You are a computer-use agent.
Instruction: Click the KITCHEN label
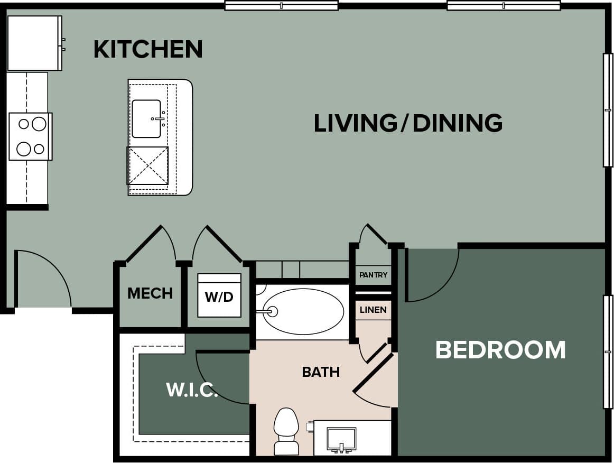(148, 49)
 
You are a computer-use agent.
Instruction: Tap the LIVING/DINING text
(408, 123)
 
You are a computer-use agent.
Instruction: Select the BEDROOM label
(500, 350)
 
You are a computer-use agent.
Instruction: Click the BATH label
(321, 372)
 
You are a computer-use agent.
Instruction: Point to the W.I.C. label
(192, 390)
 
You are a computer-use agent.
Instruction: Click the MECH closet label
(150, 293)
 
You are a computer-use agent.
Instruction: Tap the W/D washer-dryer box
(219, 295)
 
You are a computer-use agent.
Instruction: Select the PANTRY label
(373, 275)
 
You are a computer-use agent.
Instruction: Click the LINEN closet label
(373, 310)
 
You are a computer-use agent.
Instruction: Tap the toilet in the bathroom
(286, 430)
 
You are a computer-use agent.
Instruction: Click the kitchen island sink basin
(146, 118)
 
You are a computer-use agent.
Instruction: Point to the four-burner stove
(31, 136)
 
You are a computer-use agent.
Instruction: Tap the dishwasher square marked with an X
(148, 165)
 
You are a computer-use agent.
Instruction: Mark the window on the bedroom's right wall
(608, 351)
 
